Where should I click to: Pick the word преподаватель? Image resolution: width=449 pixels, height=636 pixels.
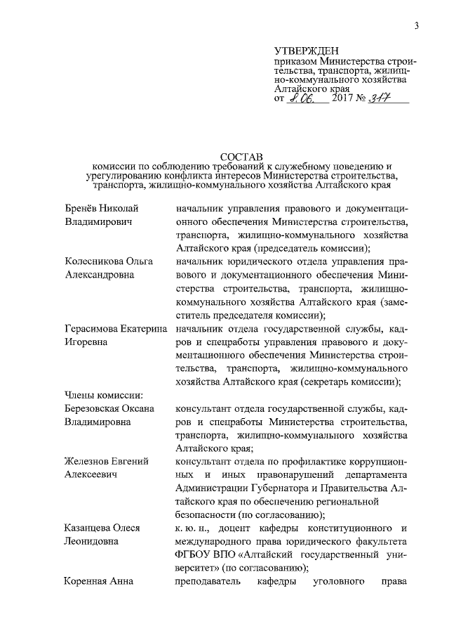(x=208, y=582)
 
